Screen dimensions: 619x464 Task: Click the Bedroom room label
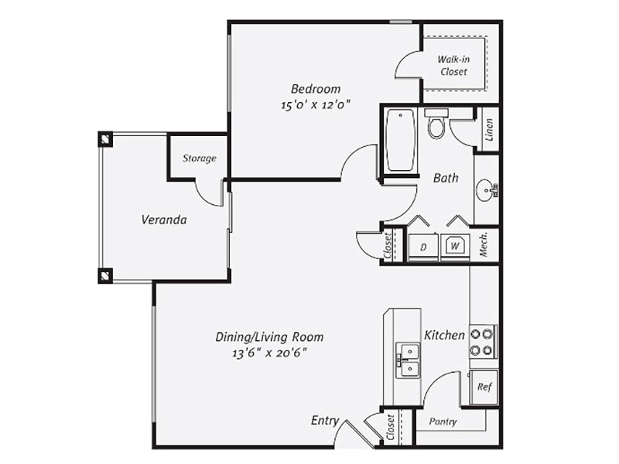pos(316,89)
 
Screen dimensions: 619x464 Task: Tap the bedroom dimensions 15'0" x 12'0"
pos(316,105)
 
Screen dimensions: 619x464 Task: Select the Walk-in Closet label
pos(454,66)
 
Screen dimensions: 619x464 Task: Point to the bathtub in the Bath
pos(400,140)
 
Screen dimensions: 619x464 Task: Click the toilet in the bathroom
pos(436,124)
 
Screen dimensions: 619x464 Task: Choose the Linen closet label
pos(489,130)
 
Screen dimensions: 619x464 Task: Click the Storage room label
pos(200,159)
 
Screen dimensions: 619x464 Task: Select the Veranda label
pos(164,220)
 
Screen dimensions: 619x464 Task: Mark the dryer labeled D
pos(423,247)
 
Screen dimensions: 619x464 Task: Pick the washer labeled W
pos(455,247)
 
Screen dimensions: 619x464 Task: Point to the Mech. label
pos(484,244)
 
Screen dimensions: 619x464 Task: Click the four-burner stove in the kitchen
pos(482,341)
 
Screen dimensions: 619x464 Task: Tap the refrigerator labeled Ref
pos(484,387)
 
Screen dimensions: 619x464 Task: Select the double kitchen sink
pos(409,360)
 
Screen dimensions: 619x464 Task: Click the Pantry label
pos(443,421)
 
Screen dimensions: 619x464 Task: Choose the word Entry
pos(324,421)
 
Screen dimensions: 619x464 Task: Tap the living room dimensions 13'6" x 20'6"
pos(269,353)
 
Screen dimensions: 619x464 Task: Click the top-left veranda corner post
pos(105,139)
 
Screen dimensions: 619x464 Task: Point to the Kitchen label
pos(444,336)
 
